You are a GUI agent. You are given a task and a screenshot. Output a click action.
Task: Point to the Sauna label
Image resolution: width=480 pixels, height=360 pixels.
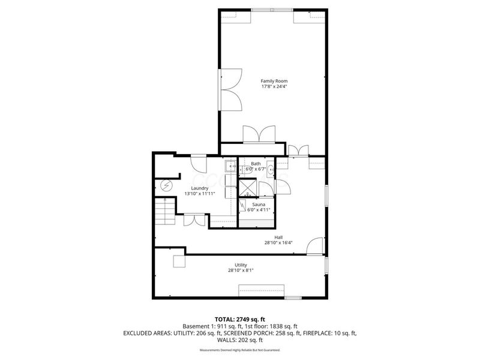click(x=258, y=204)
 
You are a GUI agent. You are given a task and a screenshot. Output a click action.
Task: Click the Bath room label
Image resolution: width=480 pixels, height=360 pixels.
click(x=256, y=164)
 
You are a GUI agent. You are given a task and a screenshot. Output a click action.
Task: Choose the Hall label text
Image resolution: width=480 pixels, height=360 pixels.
click(x=278, y=237)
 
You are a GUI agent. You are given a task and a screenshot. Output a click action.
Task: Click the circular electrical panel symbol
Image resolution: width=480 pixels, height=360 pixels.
click(x=167, y=185)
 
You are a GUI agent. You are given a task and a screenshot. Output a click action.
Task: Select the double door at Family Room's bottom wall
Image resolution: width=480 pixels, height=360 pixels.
click(x=259, y=134)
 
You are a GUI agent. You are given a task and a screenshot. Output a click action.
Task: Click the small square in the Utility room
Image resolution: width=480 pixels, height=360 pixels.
click(x=179, y=261)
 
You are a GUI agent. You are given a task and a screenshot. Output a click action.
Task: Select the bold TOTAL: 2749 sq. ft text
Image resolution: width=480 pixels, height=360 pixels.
click(x=239, y=319)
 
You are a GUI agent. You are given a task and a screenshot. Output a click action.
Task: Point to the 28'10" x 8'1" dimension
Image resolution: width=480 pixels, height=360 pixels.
click(x=240, y=271)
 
